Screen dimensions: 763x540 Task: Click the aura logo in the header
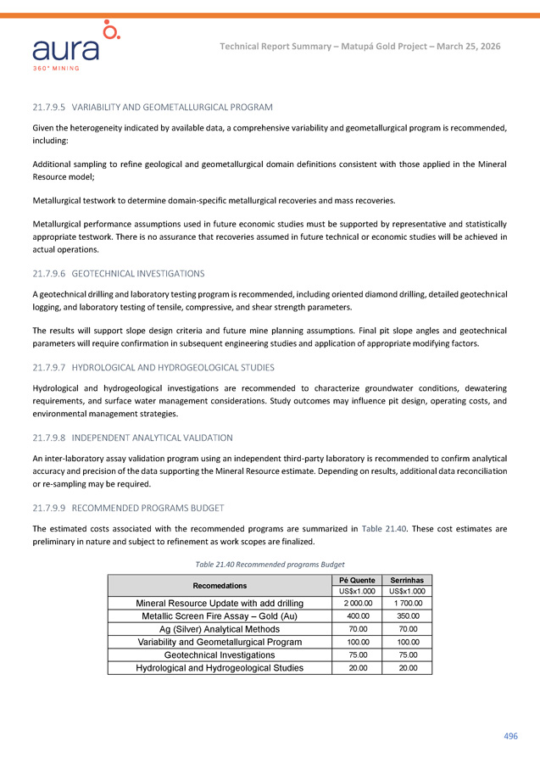pos(77,47)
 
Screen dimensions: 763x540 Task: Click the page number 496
pos(510,736)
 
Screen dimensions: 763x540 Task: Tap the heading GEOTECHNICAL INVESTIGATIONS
pos(138,274)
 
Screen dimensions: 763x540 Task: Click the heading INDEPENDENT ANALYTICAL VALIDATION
pos(153,437)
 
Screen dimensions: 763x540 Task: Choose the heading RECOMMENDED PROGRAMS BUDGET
pos(148,508)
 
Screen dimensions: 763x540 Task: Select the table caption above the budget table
pos(270,565)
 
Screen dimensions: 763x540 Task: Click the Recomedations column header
pos(220,586)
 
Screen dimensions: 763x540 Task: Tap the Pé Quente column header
pos(357,581)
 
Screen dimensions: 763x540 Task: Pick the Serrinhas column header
pos(407,581)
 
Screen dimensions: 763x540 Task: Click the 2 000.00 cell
pos(357,603)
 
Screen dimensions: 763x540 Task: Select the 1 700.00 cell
pos(407,603)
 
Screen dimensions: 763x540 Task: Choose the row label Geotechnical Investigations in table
pos(220,654)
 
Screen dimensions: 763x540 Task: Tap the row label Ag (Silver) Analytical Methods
pos(220,629)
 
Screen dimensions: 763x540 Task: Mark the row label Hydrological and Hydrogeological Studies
pos(220,668)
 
